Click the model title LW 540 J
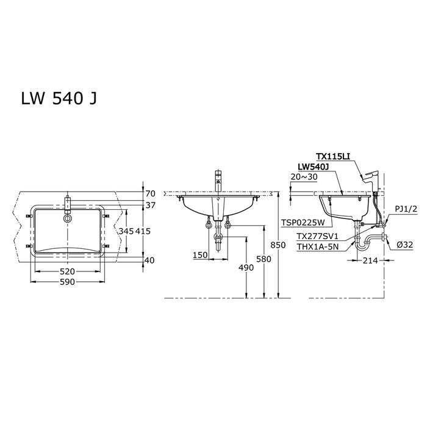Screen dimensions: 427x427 point(59,98)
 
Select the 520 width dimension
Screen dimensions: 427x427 point(67,271)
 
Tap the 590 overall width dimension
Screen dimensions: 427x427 point(67,282)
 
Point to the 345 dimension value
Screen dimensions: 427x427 point(126,231)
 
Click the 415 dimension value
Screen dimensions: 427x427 point(143,231)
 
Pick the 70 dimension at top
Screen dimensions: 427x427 point(150,193)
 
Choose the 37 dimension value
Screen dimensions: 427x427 point(150,205)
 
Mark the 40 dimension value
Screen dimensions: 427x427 point(150,260)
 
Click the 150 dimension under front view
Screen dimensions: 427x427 point(200,255)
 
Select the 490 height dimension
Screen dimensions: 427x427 point(246,268)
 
